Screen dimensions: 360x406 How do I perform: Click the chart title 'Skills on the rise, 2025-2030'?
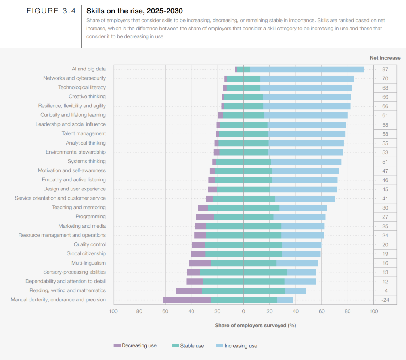[134, 11]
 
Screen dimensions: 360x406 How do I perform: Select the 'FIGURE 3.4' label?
[51, 11]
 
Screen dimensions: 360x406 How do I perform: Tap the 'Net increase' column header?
[385, 58]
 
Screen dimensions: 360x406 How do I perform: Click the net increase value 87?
[385, 69]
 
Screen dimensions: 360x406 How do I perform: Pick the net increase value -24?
[385, 300]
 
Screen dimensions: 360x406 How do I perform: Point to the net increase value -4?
[385, 291]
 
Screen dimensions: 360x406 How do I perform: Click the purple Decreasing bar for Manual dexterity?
[187, 300]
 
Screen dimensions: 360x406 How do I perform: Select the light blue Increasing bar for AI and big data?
[307, 69]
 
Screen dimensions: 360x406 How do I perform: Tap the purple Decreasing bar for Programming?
[205, 217]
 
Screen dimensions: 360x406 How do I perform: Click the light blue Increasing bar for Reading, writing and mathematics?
[295, 291]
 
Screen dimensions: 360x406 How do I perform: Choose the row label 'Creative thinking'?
[87, 97]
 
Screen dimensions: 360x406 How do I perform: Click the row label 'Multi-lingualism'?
[88, 263]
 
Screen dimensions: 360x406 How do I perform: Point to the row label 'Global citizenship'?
[86, 253]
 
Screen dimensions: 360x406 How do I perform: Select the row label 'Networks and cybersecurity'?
[75, 78]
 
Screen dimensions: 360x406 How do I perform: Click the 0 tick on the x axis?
[243, 311]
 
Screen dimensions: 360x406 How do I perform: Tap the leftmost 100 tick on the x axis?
[113, 311]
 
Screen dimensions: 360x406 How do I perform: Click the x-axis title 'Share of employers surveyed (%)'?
[255, 325]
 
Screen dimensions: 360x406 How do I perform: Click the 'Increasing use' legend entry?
[236, 345]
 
